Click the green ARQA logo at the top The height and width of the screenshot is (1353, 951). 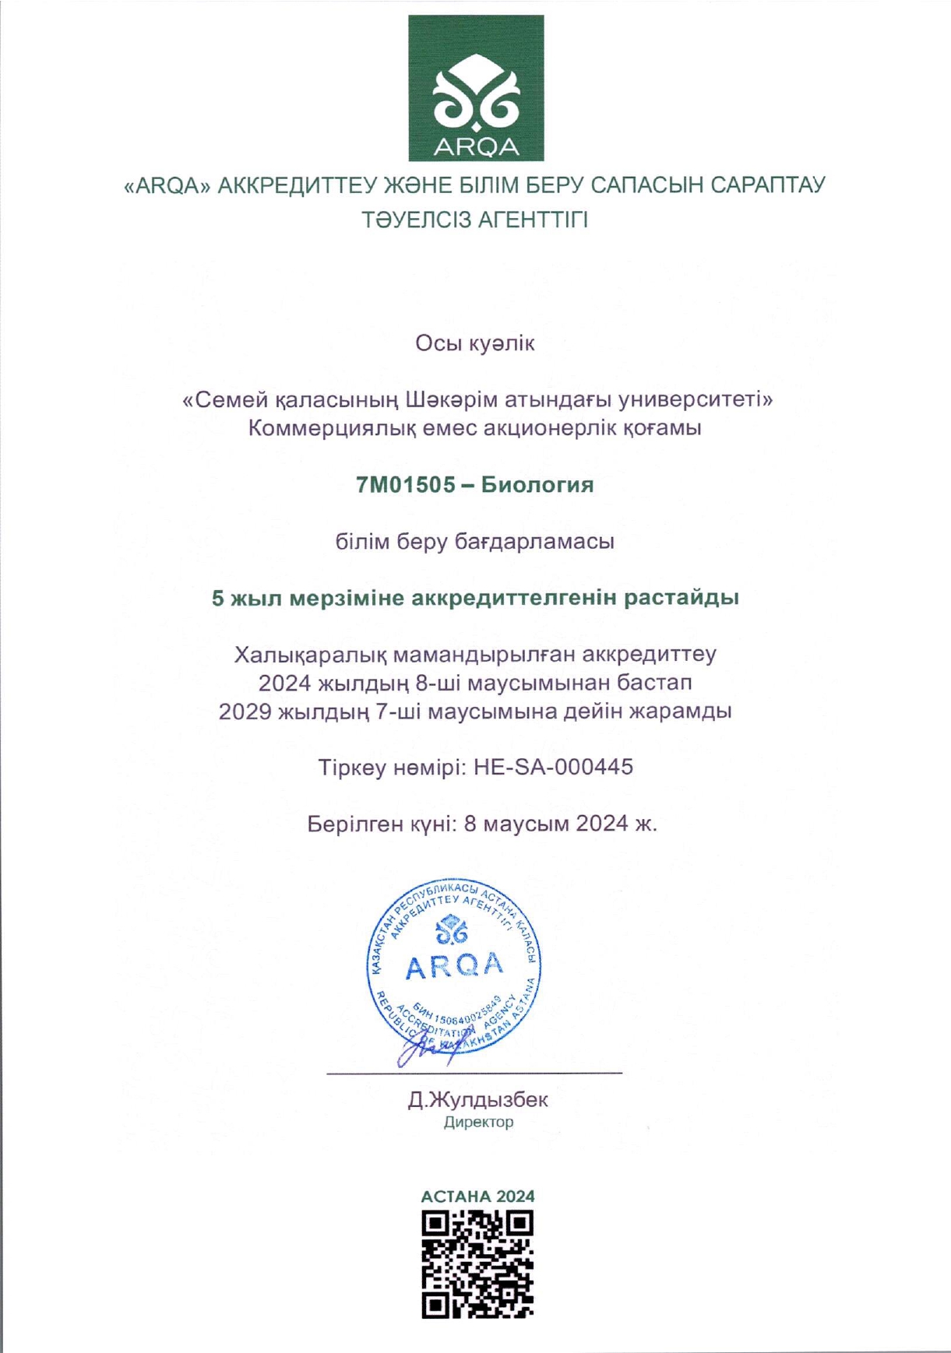(x=476, y=88)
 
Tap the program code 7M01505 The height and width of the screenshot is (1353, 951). (x=405, y=485)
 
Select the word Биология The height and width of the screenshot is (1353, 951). (x=537, y=485)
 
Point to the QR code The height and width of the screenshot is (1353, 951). (x=477, y=1264)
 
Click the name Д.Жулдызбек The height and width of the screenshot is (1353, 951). (x=477, y=1100)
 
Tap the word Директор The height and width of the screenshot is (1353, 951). (x=478, y=1123)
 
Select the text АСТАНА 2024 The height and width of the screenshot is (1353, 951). (x=477, y=1197)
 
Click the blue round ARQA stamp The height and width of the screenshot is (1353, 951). (x=454, y=965)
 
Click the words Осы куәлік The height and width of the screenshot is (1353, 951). (x=475, y=343)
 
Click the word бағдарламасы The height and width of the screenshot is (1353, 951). (x=534, y=542)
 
